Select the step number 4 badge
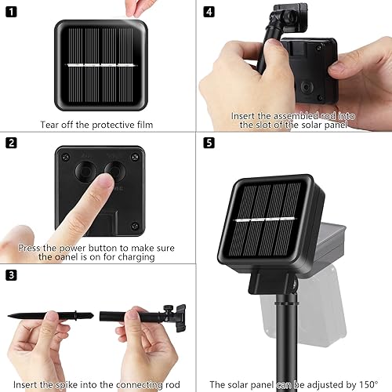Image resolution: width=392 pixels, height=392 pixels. (x=209, y=12)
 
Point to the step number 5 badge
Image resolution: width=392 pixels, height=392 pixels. (x=209, y=143)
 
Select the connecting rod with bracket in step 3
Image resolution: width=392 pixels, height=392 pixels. (x=145, y=318)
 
